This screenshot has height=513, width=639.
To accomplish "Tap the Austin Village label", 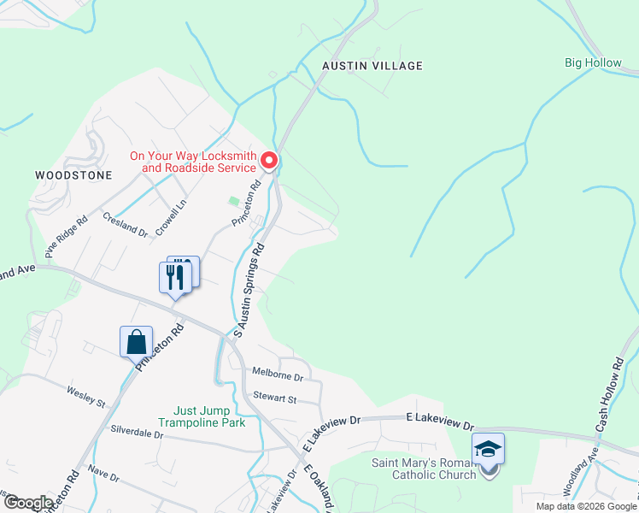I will (372, 65).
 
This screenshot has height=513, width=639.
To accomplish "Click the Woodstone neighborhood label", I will (73, 174).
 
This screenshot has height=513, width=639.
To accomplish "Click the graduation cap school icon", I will (488, 449).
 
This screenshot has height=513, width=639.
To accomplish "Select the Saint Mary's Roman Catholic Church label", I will (423, 469).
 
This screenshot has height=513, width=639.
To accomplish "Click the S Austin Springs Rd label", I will (249, 287).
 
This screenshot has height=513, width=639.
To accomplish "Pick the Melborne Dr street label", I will (278, 374).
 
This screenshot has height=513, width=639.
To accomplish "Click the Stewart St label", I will (274, 398).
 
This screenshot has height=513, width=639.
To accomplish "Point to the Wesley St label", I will (85, 396).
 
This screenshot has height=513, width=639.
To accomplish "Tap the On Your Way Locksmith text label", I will (193, 162).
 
